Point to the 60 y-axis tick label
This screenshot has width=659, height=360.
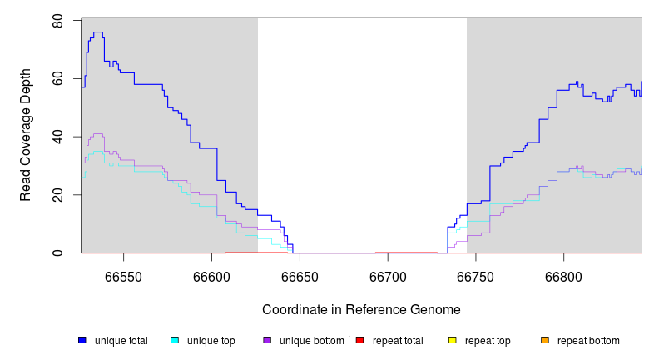(58, 78)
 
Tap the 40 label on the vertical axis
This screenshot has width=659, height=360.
(58, 137)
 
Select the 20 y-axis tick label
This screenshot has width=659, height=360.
(58, 195)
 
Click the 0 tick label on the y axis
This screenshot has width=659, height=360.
(58, 252)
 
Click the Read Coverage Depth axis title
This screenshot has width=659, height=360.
(26, 136)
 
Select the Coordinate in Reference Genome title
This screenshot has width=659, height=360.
(361, 309)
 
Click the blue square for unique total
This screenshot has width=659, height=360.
(82, 340)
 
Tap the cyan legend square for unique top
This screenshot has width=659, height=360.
(175, 340)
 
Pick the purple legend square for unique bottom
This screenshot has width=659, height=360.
(267, 340)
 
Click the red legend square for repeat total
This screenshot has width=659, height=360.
(359, 340)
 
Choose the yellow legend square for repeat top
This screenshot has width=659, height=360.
(453, 340)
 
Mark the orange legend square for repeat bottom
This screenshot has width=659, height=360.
(545, 340)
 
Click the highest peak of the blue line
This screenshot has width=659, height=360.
(97, 32)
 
